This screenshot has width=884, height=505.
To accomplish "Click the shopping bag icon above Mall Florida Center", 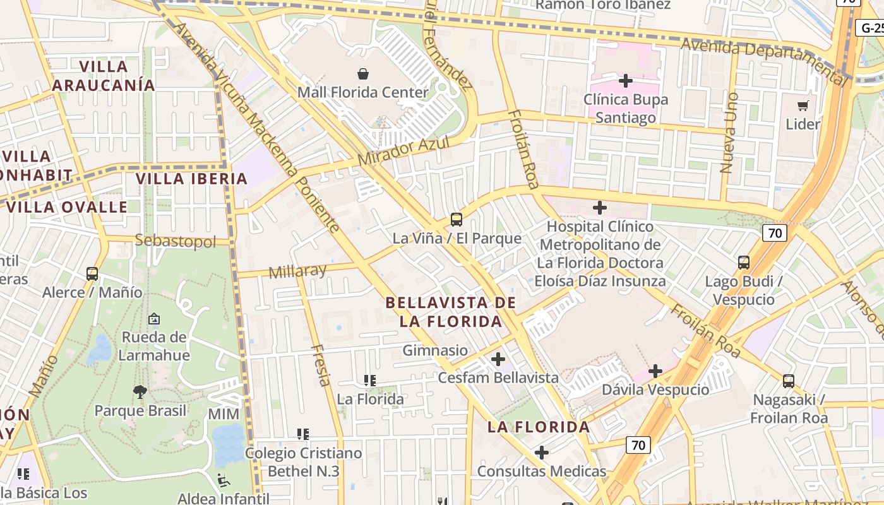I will click(x=363, y=74).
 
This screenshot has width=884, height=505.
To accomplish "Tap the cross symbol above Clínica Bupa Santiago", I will click(x=625, y=81).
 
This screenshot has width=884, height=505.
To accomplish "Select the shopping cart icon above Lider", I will click(x=803, y=105).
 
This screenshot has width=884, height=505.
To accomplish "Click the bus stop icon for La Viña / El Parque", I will click(x=457, y=220).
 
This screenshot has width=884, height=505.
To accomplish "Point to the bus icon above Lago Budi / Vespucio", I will click(x=744, y=262).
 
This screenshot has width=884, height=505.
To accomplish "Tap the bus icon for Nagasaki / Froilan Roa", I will click(x=789, y=381).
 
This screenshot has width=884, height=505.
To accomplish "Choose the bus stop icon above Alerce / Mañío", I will click(x=92, y=274).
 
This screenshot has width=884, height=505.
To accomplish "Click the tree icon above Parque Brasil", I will click(x=140, y=392).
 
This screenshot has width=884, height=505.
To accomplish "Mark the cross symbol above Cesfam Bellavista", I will click(x=498, y=359).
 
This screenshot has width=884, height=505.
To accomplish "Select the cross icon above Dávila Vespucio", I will click(x=655, y=371).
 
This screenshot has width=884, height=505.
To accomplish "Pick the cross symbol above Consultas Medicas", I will click(x=542, y=453).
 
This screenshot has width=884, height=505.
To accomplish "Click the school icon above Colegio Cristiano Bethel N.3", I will click(x=303, y=434).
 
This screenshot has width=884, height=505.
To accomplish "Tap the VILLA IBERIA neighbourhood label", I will click(x=192, y=179).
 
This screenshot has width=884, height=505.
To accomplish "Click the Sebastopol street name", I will click(x=176, y=241).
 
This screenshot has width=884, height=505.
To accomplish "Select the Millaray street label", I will click(x=297, y=271).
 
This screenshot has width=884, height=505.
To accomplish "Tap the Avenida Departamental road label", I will click(x=764, y=61).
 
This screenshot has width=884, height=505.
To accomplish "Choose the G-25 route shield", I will click(x=870, y=28).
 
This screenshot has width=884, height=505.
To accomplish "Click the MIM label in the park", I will click(x=224, y=415).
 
